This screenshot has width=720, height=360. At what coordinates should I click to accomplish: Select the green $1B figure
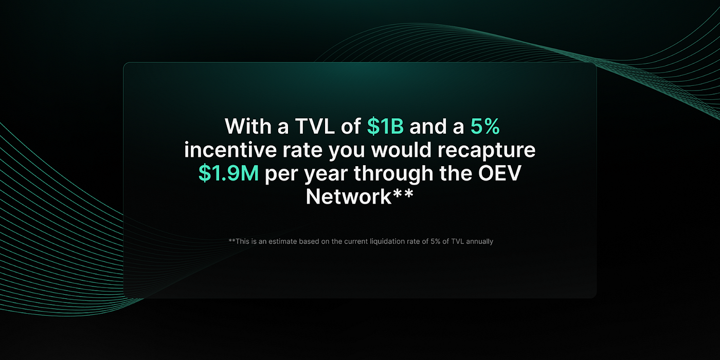point(385,127)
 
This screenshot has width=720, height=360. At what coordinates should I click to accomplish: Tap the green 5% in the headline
point(485,127)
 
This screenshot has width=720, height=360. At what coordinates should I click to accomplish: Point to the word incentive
point(230,150)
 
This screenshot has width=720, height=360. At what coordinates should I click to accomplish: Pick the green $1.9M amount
point(228,173)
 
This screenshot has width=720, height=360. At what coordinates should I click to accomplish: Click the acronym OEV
point(499,173)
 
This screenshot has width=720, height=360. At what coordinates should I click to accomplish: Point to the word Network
point(349,196)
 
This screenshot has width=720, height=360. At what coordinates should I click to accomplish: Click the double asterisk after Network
point(403,193)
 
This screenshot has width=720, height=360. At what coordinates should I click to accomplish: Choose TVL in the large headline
point(315,127)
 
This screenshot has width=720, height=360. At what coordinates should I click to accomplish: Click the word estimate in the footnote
point(283,241)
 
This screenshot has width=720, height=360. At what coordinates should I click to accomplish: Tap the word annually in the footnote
point(479,242)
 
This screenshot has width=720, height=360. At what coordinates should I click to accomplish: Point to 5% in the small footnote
point(436,241)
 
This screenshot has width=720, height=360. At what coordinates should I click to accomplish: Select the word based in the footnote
point(309,241)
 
